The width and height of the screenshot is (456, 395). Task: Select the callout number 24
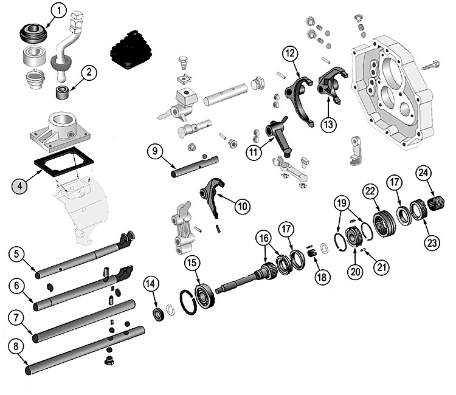[423, 173]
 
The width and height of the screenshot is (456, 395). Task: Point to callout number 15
[193, 263]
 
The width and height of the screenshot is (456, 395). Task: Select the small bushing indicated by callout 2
[61, 92]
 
